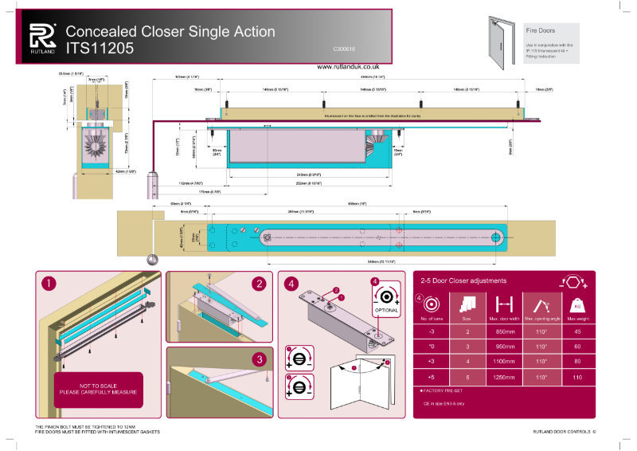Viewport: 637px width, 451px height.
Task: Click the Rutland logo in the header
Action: pyautogui.click(x=42, y=37)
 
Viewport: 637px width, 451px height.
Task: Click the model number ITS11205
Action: pyautogui.click(x=100, y=48)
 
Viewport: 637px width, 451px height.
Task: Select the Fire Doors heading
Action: pyautogui.click(x=541, y=30)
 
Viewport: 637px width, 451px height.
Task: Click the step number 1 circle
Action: pyautogui.click(x=49, y=283)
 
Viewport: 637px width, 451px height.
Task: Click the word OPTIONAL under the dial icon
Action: pyautogui.click(x=386, y=310)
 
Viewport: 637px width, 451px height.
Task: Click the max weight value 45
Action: pyautogui.click(x=576, y=331)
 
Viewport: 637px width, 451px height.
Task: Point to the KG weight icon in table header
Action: pyautogui.click(x=576, y=304)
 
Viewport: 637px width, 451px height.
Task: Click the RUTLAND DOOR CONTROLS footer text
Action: pyautogui.click(x=563, y=431)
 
